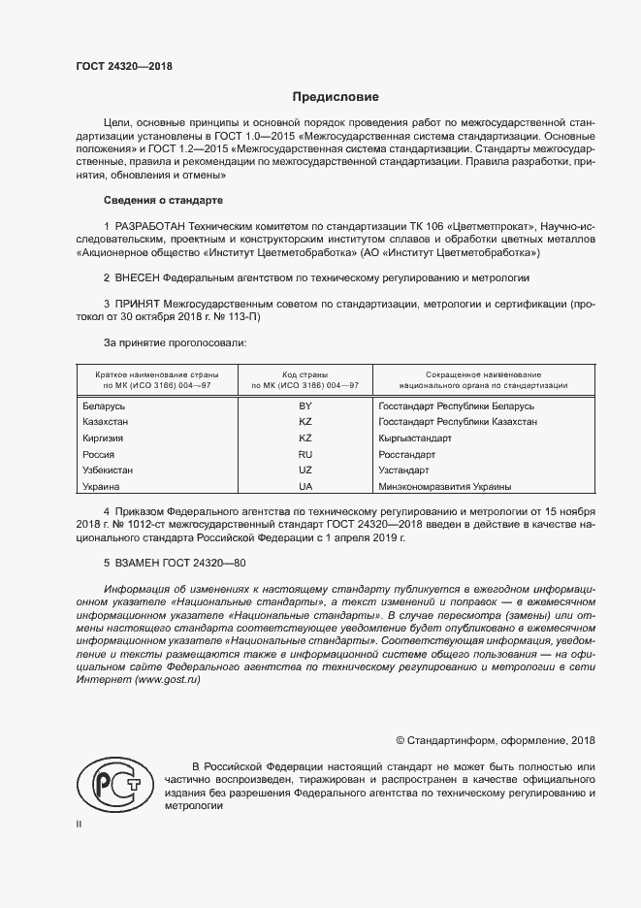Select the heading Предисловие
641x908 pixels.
pyautogui.click(x=336, y=97)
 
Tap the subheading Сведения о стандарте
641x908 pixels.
pyautogui.click(x=163, y=200)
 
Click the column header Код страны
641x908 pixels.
pyautogui.click(x=304, y=374)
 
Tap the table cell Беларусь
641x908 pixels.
pyautogui.click(x=105, y=406)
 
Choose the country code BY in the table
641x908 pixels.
pyautogui.click(x=304, y=406)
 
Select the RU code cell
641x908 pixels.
pyautogui.click(x=304, y=454)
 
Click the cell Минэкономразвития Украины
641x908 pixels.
pyautogui.click(x=444, y=486)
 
